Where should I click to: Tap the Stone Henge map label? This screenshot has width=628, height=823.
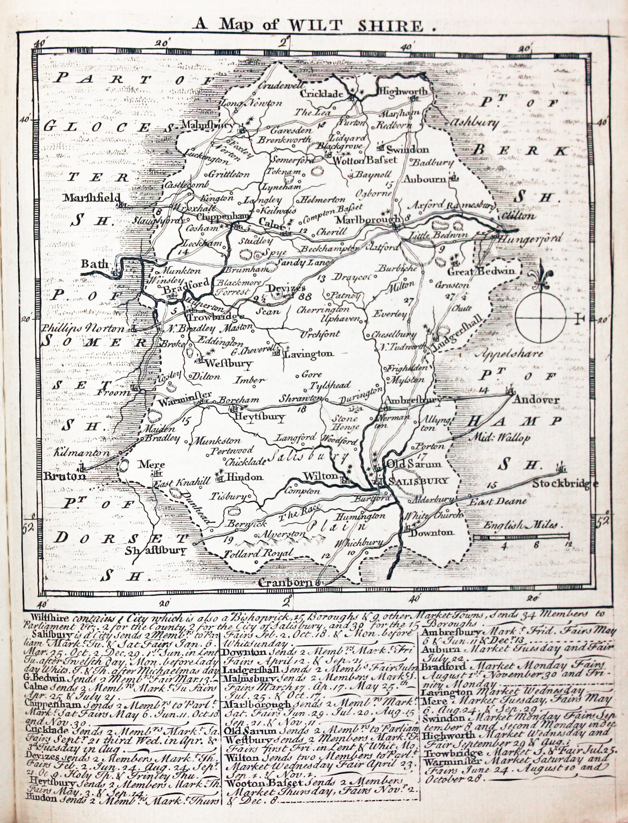[x=345, y=423]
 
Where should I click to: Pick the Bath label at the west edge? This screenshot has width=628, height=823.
[x=95, y=264]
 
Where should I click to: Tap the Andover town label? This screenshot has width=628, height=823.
[x=536, y=400]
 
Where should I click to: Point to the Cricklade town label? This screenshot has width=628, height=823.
[x=321, y=94]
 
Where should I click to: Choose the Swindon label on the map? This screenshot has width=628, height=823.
[x=407, y=149]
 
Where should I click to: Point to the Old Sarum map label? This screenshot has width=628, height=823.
[x=413, y=464]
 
